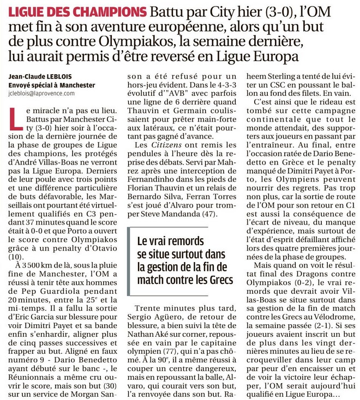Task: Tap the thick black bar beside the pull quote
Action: [x=129, y=260]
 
